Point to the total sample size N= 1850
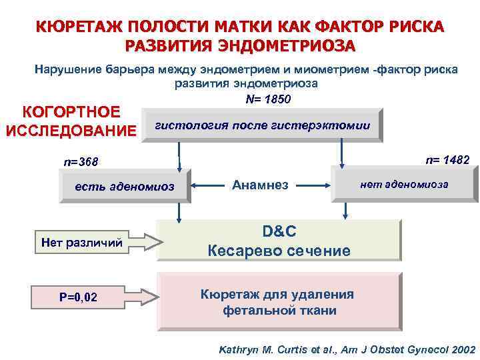click(268, 99)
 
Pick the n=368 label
click(81, 162)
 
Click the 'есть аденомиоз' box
click(125, 187)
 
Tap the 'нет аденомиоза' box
click(404, 184)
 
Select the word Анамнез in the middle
click(260, 185)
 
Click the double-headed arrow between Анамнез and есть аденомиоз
click(206, 185)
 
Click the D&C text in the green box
click(279, 231)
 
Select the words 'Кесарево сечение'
click(279, 251)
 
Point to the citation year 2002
click(462, 349)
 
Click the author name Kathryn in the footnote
click(239, 349)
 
